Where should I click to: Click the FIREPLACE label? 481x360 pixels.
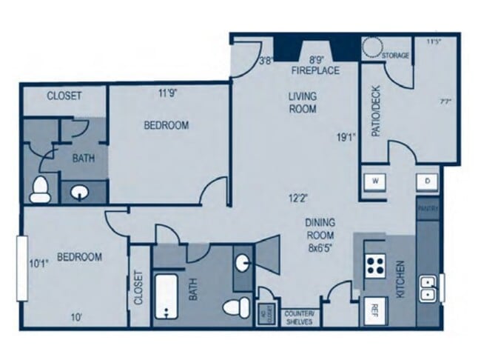(315, 70)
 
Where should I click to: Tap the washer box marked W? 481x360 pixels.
(374, 180)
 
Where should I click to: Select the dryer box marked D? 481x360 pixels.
(427, 180)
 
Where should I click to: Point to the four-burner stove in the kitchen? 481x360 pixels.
(375, 264)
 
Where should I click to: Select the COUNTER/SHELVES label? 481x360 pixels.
(300, 316)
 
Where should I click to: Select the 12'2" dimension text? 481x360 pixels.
(299, 198)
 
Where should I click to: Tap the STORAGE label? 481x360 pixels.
(395, 56)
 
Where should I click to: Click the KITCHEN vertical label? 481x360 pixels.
(400, 278)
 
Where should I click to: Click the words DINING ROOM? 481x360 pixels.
(320, 227)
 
